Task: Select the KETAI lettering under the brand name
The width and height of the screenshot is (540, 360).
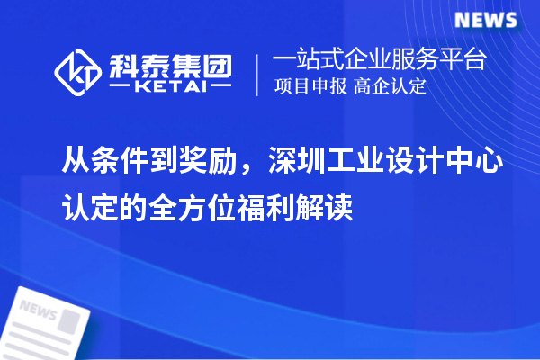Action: coord(170,86)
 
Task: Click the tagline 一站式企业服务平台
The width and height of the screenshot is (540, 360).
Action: coord(380,60)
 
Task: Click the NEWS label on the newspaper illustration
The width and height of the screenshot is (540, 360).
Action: coord(39,309)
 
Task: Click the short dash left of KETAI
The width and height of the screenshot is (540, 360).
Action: coord(121,86)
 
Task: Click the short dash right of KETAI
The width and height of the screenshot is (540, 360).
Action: coord(219,86)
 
